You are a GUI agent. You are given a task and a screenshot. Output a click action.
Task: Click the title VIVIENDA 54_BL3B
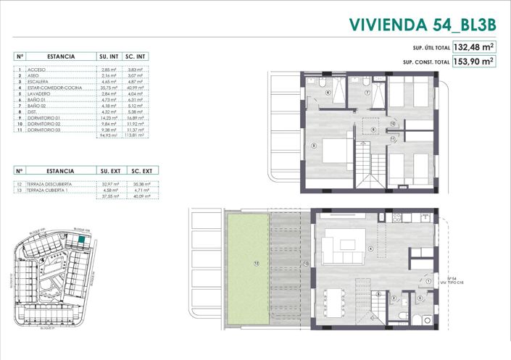[x=422, y=25]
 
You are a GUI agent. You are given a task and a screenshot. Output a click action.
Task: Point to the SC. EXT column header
[x=141, y=172]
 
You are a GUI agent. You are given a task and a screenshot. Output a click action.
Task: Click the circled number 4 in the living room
[x=370, y=250]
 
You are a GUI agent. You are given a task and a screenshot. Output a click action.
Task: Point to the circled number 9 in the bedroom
[x=313, y=146]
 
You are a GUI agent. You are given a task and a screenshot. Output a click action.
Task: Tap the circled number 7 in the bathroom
[x=367, y=93]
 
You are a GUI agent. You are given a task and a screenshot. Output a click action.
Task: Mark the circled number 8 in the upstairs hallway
[x=373, y=130]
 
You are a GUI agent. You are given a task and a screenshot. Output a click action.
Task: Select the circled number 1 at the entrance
[x=428, y=282]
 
